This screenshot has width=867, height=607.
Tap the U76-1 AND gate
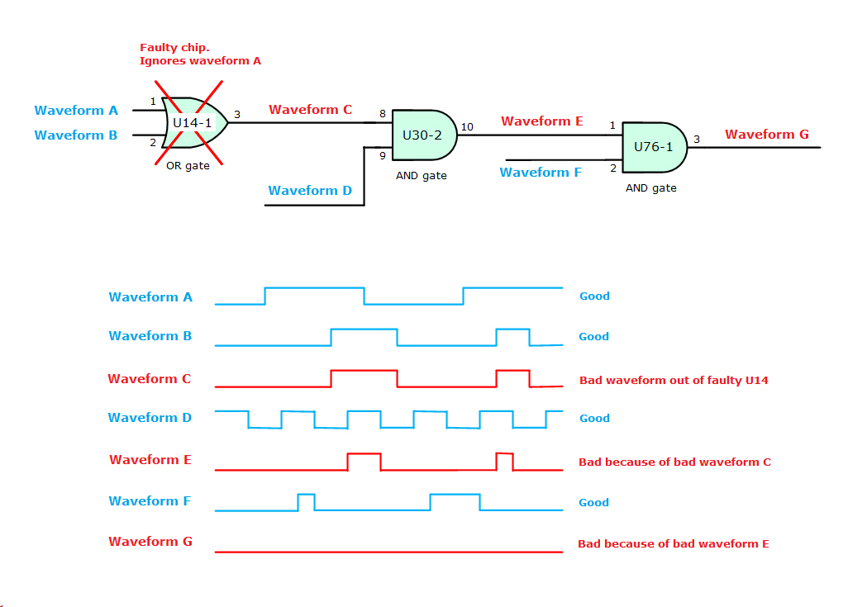(x=654, y=147)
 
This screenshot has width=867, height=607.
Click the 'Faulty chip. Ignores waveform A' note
(x=200, y=55)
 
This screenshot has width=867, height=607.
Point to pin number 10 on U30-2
(x=467, y=126)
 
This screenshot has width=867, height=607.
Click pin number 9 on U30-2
(x=382, y=154)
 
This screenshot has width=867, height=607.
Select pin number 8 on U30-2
(x=382, y=113)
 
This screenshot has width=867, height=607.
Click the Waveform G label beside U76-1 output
(x=766, y=135)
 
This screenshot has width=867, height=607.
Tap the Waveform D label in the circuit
(x=310, y=191)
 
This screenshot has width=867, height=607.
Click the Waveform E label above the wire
(x=541, y=121)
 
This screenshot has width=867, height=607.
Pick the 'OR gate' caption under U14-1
(x=188, y=166)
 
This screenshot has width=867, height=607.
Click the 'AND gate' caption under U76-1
(x=650, y=188)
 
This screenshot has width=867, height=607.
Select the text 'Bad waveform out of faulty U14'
(x=674, y=381)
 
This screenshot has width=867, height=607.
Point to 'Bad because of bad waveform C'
(x=674, y=462)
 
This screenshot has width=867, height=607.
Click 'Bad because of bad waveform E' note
(x=673, y=543)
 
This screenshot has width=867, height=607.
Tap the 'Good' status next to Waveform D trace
(x=594, y=419)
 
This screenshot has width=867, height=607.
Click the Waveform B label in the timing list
(x=150, y=336)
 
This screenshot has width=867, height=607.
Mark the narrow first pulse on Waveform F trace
(x=306, y=501)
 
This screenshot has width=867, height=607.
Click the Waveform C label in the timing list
(x=150, y=379)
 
